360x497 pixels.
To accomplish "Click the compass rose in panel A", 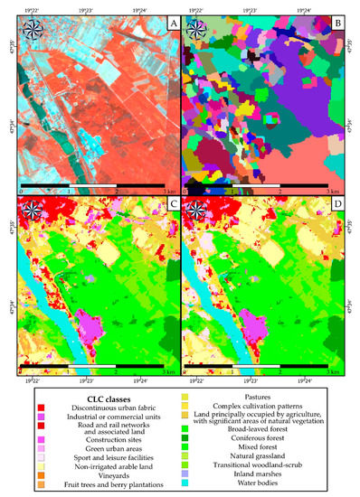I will tap(33, 31).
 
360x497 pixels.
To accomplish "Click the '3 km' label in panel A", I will tap(163, 192).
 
